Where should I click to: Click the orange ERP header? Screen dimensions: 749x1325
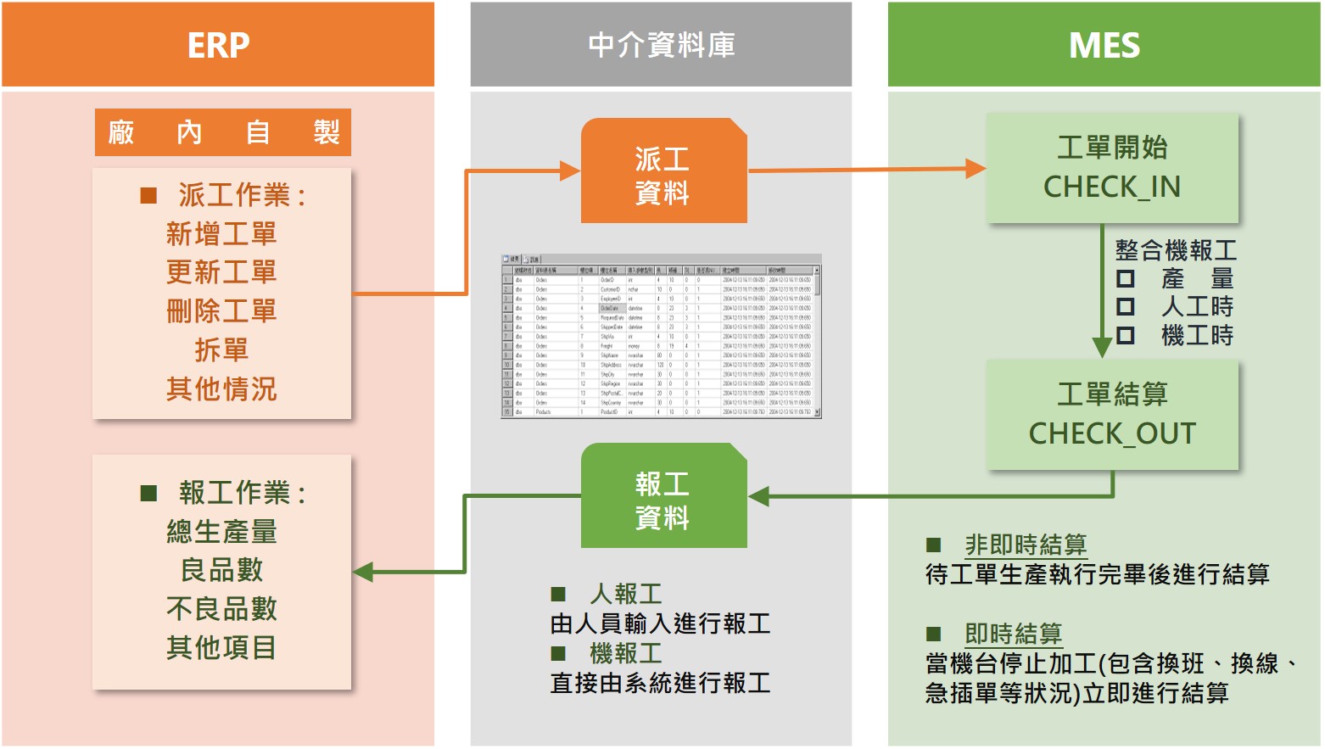coord(218,45)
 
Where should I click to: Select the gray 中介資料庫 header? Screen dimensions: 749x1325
coord(661,45)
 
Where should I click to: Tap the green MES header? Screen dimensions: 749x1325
coord(1104,45)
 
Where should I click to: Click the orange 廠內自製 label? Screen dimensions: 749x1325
coord(222,132)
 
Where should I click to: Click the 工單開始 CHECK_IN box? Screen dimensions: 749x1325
coord(1111,168)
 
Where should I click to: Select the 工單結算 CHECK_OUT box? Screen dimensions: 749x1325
coord(1111,415)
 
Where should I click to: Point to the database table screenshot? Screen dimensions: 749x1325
coord(661,337)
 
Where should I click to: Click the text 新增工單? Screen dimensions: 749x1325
coord(221,234)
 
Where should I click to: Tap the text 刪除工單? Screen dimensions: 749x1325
coord(221,311)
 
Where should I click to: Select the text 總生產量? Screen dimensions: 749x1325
coord(221,532)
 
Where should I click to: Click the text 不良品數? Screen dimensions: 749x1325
coord(221,609)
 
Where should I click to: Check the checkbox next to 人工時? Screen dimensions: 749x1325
coord(1126,306)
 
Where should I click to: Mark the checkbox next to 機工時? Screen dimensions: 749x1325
coord(1126,335)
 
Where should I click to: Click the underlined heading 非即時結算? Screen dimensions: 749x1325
coord(1026,545)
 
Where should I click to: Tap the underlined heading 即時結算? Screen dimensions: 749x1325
coord(1013,634)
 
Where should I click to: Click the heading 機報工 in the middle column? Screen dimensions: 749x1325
coord(626,653)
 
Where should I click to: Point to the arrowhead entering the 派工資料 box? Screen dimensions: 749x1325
coord(570,171)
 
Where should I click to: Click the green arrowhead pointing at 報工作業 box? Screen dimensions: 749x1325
coord(363,572)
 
